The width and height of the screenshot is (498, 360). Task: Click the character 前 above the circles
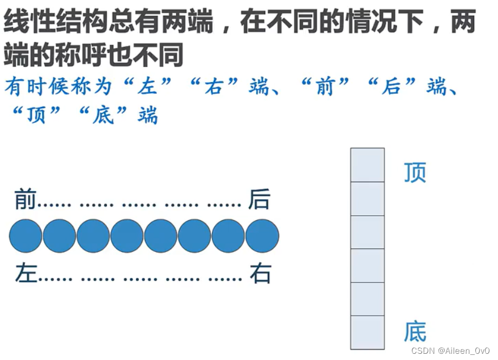pos(25,199)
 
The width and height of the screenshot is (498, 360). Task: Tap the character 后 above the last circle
pos(259,199)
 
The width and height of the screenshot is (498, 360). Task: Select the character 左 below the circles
pos(25,274)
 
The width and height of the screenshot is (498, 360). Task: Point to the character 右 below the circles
pos(260,274)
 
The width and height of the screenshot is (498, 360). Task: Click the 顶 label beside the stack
pos(415,173)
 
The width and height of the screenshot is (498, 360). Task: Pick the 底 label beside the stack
pos(415,332)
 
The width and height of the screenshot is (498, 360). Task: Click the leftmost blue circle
pos(25,236)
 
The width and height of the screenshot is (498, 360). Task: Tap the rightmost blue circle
pos(262,236)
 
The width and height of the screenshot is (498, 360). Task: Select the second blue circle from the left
pos(59,236)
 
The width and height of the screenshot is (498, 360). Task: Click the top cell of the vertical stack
pos(367,165)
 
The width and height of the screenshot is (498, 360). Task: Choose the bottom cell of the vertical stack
pos(367,332)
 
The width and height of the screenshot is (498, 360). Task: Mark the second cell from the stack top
pos(367,199)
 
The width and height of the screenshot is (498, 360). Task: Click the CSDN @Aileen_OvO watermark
pos(450,351)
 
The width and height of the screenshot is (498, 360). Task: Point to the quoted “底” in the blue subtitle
pos(104,115)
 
